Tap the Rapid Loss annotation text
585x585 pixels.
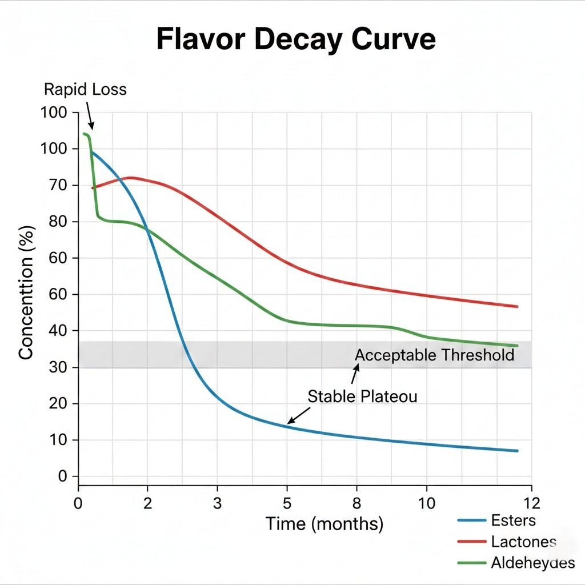[x=85, y=89]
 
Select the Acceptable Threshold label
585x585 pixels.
[x=434, y=355]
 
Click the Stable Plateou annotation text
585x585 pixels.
[x=362, y=396]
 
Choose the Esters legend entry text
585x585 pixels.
[x=513, y=520]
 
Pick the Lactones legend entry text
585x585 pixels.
[x=523, y=542]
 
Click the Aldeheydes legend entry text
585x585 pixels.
[x=532, y=563]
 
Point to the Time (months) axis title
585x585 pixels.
[x=324, y=523]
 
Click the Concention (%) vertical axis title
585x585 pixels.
[x=26, y=292]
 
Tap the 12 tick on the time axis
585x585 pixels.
[x=531, y=503]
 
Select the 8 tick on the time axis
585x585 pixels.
[x=357, y=503]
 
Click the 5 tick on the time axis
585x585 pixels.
[x=287, y=503]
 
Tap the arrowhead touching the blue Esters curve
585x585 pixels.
[x=290, y=422]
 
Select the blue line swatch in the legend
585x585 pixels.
[x=471, y=520]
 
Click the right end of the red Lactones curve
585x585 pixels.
[x=516, y=307]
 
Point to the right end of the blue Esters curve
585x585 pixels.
[x=516, y=451]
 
